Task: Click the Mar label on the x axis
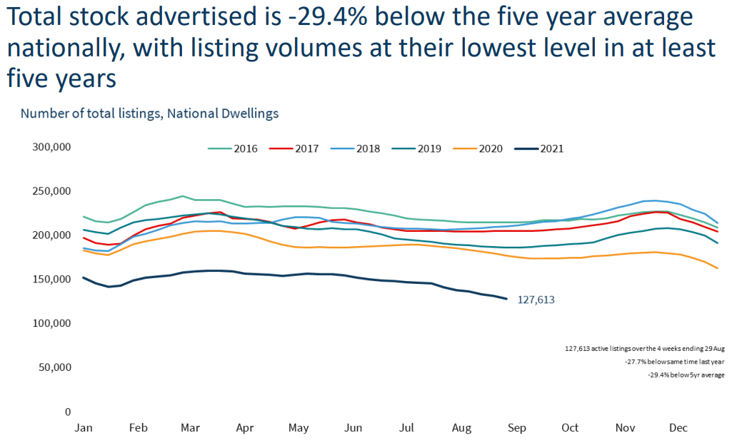tap(191, 428)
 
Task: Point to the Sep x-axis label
tap(516, 428)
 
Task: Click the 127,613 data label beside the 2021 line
tap(536, 300)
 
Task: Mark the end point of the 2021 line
tap(506, 298)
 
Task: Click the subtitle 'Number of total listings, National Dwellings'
tap(149, 113)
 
